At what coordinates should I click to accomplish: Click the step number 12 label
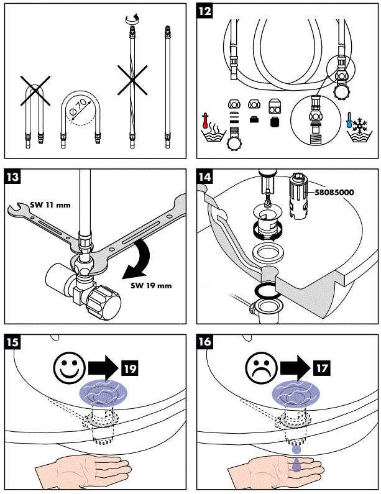pyautogui.click(x=204, y=11)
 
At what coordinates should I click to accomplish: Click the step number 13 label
pyautogui.click(x=12, y=176)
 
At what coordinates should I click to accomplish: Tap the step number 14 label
pyautogui.click(x=204, y=176)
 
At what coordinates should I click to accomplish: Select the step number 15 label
pyautogui.click(x=12, y=342)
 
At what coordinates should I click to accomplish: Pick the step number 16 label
pyautogui.click(x=204, y=342)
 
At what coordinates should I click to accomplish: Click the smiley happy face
pyautogui.click(x=70, y=367)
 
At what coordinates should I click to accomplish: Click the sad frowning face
pyautogui.click(x=261, y=367)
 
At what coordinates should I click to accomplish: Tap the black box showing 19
pyautogui.click(x=130, y=368)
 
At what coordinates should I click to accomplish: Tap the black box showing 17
pyautogui.click(x=322, y=368)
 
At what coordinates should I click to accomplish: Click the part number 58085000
pyautogui.click(x=334, y=192)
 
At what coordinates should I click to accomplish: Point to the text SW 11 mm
pyautogui.click(x=50, y=205)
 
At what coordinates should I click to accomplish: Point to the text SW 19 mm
pyautogui.click(x=151, y=286)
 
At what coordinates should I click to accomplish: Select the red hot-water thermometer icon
pyautogui.click(x=206, y=121)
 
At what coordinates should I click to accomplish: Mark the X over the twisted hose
pyautogui.click(x=132, y=80)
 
